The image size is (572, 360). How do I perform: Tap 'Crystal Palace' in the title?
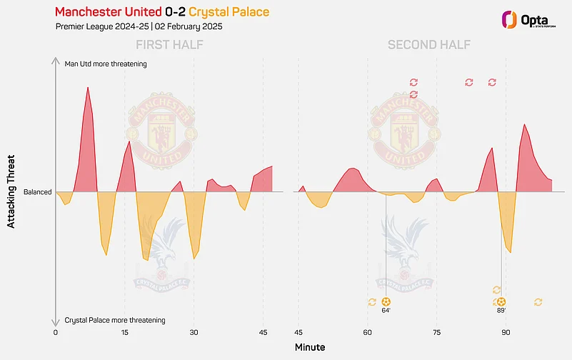[x=229, y=13]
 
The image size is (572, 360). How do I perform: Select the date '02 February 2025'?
[x=190, y=27]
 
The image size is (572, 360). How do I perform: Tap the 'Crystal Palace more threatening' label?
[x=115, y=320]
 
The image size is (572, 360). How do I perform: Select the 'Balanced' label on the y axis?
[x=37, y=192]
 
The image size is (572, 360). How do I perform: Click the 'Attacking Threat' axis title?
[x=11, y=192]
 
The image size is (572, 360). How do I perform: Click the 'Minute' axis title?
[x=309, y=347]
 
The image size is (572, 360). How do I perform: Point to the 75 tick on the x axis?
[x=436, y=332]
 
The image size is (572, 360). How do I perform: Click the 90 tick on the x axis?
[x=506, y=332]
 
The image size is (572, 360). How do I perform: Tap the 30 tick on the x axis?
[x=194, y=332]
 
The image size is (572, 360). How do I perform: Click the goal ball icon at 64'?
[x=386, y=302]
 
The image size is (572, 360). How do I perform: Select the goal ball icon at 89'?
[x=501, y=302]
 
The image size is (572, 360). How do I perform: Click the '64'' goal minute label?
[x=386, y=311]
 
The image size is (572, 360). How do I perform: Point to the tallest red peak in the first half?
[x=88, y=89]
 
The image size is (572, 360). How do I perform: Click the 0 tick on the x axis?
[x=56, y=332]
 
